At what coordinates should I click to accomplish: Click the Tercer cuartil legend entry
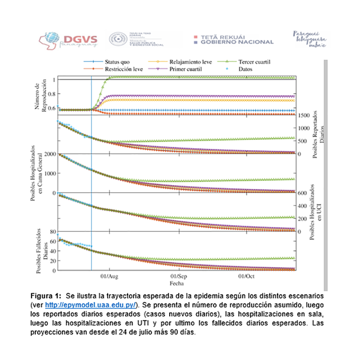[254, 62]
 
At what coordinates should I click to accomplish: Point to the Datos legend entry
[245, 69]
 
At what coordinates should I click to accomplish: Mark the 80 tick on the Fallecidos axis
[53, 231]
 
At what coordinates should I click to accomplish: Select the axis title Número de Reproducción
[41, 95]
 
